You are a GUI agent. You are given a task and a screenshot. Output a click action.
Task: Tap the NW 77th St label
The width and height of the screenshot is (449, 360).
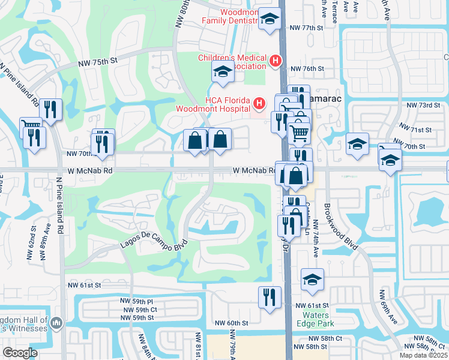(306, 28)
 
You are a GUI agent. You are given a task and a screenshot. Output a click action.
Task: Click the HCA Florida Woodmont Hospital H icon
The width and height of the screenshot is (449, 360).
(259, 104)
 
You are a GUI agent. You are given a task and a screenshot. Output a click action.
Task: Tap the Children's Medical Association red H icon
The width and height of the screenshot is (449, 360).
(275, 61)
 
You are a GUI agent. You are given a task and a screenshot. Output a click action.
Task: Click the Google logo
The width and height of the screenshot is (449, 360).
(20, 353)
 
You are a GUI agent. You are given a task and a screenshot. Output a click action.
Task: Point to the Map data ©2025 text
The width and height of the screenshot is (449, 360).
(423, 355)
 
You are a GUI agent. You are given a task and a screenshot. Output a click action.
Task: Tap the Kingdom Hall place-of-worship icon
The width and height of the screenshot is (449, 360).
(56, 323)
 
